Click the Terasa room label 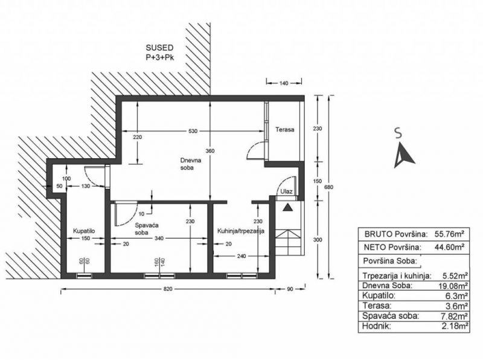click(284, 130)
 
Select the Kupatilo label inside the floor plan click(84, 231)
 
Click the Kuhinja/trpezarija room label click(240, 231)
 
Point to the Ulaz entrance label click(286, 191)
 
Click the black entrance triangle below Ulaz click(288, 207)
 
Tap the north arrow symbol click(403, 155)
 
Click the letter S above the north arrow click(398, 133)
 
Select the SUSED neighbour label click(159, 48)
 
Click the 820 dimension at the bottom click(168, 289)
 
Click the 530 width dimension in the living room click(193, 131)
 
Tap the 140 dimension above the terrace click(283, 83)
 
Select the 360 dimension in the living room click(210, 151)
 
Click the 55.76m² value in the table click(449, 234)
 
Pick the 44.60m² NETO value click(449, 247)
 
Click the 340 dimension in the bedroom click(159, 238)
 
